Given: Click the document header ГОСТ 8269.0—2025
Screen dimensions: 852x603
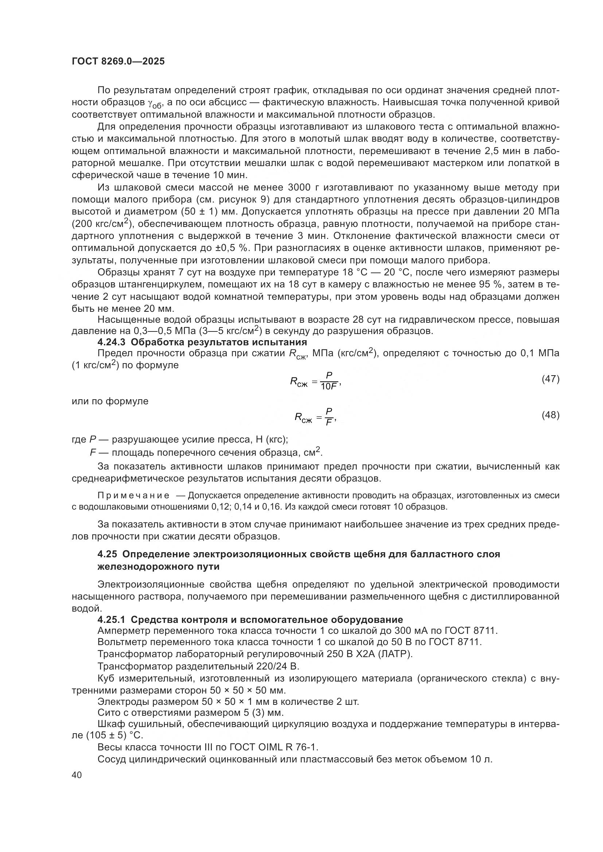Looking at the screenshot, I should point(118,62).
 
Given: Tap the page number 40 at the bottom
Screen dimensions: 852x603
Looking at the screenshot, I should point(77,776).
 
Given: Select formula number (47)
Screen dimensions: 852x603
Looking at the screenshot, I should point(550,379).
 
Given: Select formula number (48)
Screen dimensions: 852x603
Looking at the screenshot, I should point(550,415).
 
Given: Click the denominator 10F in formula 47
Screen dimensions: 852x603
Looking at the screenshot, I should point(329,387).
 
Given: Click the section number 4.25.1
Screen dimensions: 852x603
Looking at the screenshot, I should point(112,620).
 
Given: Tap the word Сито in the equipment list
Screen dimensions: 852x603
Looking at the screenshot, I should point(108,713).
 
